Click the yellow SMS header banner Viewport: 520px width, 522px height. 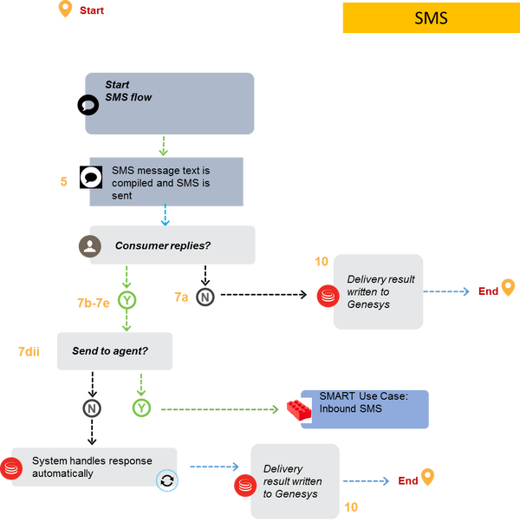[x=431, y=17]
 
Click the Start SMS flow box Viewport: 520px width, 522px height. [x=170, y=103]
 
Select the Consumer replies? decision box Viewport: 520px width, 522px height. [x=172, y=245]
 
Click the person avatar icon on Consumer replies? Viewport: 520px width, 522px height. [x=88, y=246]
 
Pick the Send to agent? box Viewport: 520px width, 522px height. [x=114, y=351]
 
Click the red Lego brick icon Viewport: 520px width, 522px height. [x=299, y=410]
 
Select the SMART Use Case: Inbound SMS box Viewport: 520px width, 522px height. [x=364, y=408]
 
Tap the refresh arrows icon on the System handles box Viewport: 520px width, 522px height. [x=168, y=481]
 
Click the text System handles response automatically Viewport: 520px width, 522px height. [x=92, y=467]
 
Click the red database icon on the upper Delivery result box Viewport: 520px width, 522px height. [x=326, y=296]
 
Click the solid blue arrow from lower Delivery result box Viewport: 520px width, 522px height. [x=366, y=480]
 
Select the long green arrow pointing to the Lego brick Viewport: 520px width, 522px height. [x=220, y=408]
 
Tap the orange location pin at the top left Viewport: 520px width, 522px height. [x=65, y=10]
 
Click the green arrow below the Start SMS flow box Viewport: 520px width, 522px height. [x=162, y=145]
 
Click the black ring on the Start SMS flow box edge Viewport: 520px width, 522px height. [x=88, y=105]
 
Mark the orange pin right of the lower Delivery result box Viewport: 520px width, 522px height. [x=427, y=477]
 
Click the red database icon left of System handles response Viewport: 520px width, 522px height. [x=11, y=468]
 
